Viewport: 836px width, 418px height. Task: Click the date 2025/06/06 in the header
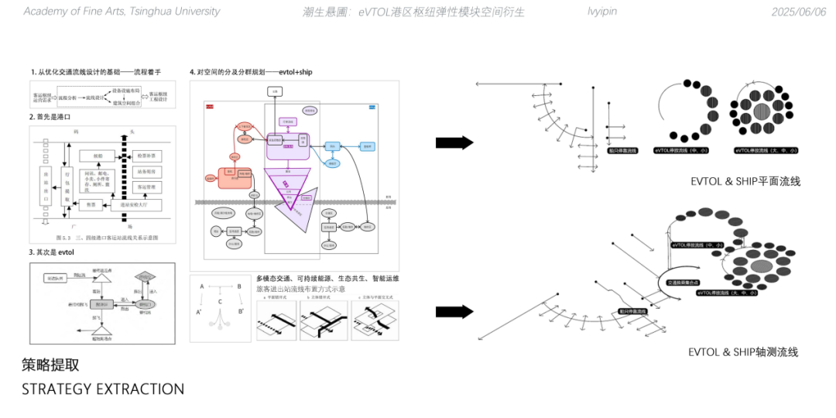799,12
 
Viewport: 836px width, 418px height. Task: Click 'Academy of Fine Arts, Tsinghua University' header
122,12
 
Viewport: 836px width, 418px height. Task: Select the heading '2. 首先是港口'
50,117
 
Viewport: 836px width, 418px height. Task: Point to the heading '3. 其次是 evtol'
52,252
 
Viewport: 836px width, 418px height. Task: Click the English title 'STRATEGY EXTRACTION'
103,389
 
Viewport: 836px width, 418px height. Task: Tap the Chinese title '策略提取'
50,365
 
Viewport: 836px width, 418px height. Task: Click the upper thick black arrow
454,142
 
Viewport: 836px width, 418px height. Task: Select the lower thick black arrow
454,311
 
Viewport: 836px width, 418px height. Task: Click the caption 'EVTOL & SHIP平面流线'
745,181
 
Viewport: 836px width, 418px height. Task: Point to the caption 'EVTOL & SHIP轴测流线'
743,352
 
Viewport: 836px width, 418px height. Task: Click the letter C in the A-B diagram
220,301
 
